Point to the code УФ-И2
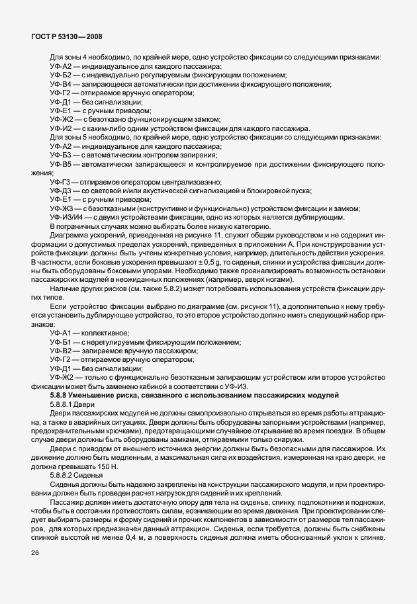[x=60, y=129]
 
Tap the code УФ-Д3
[x=60, y=191]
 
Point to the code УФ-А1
[x=60, y=332]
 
